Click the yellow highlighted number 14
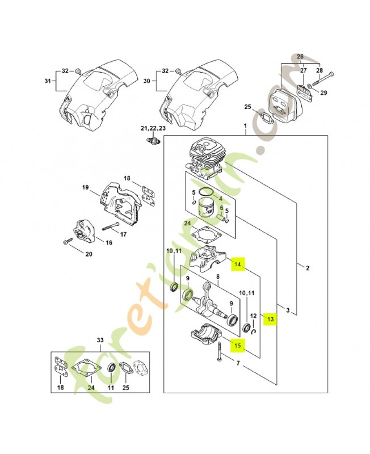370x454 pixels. point(238,264)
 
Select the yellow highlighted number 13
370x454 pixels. point(270,320)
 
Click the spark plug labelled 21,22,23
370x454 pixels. point(152,140)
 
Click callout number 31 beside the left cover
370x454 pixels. point(48,81)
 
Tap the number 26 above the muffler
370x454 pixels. point(300,56)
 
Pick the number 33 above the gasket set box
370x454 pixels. point(100,340)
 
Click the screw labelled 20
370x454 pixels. point(68,242)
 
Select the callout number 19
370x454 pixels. point(85,187)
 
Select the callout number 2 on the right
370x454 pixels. point(307,269)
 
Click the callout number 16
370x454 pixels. point(109,242)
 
